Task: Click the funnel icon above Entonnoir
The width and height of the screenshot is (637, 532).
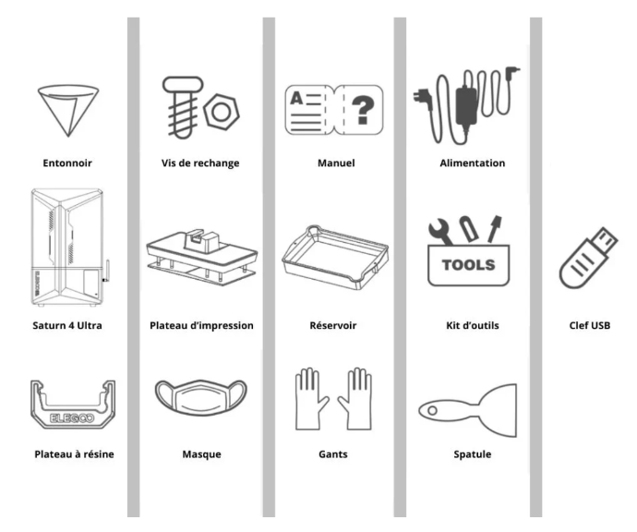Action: pos(68,110)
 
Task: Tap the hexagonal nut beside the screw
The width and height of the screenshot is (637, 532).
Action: pos(222,112)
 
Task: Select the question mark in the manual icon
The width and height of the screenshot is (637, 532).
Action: pos(363,109)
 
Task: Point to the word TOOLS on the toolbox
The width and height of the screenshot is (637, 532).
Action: pos(468,265)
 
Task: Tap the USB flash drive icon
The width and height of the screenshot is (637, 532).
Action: pos(588,258)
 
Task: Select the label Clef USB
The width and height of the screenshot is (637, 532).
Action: pos(590,325)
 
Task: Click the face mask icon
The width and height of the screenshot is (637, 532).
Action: pos(201,398)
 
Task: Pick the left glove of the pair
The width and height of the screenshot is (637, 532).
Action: pos(310,398)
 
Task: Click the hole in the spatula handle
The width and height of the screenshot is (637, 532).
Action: pos(433,410)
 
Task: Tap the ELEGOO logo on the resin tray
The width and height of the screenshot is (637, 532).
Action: pos(72,417)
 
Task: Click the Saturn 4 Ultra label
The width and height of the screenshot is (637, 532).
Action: pos(67,325)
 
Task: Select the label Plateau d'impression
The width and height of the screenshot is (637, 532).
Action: pos(201,325)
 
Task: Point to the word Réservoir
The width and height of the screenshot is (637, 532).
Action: pos(333,325)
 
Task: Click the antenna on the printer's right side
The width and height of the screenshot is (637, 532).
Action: pos(108,272)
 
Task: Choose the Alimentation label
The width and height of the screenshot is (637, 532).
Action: pos(473,163)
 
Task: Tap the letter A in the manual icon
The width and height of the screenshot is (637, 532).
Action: pos(296,98)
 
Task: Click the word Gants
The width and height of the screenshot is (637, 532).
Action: pos(333,454)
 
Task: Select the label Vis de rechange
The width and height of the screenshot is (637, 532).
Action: pos(200,163)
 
